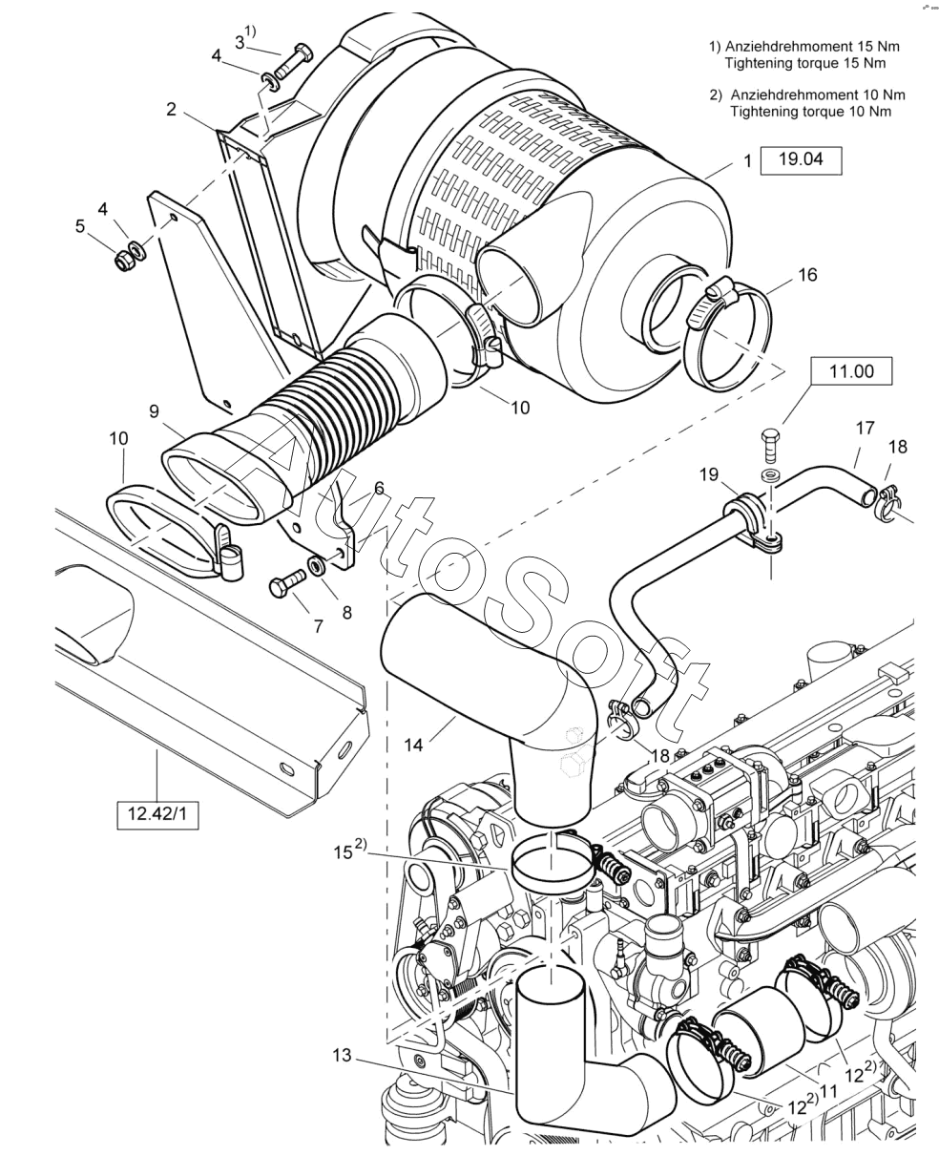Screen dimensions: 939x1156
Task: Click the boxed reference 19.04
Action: (801, 160)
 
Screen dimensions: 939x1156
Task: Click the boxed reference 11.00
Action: (851, 371)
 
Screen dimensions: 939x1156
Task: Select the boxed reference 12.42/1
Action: (157, 829)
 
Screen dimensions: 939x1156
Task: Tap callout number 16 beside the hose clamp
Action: (807, 275)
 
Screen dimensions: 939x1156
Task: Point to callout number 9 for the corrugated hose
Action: (154, 411)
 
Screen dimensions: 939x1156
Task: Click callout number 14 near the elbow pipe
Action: (413, 745)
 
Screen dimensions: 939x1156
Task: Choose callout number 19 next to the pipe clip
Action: (708, 474)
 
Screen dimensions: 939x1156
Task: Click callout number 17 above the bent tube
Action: (866, 428)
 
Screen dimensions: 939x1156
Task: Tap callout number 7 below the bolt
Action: (319, 626)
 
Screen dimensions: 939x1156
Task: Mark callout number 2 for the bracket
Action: (172, 109)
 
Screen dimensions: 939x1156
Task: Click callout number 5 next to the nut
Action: (80, 226)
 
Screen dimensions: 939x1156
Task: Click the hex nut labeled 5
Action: (125, 262)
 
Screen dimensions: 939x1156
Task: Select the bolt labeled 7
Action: (288, 585)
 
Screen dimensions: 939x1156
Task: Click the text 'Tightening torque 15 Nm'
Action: (805, 63)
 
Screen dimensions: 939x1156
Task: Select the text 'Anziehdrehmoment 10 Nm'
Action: (818, 95)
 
